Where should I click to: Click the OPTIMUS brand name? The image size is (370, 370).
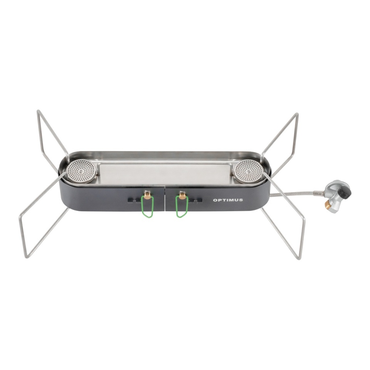pos(228,200)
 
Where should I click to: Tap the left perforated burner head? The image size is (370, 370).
pos(81,172)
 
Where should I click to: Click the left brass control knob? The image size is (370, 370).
pos(148,195)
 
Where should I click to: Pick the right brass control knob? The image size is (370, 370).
pos(182,195)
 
